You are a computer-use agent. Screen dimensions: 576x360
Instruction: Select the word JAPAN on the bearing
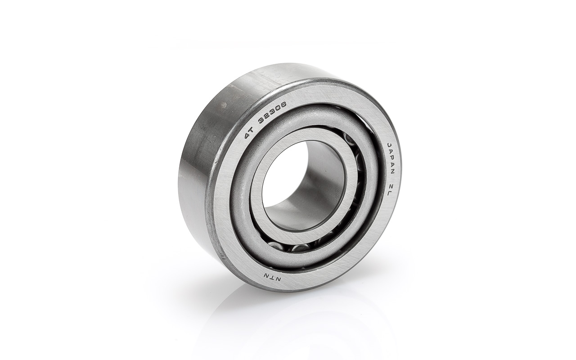pyautogui.click(x=390, y=159)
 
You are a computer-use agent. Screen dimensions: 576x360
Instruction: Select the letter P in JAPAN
pyautogui.click(x=391, y=159)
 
